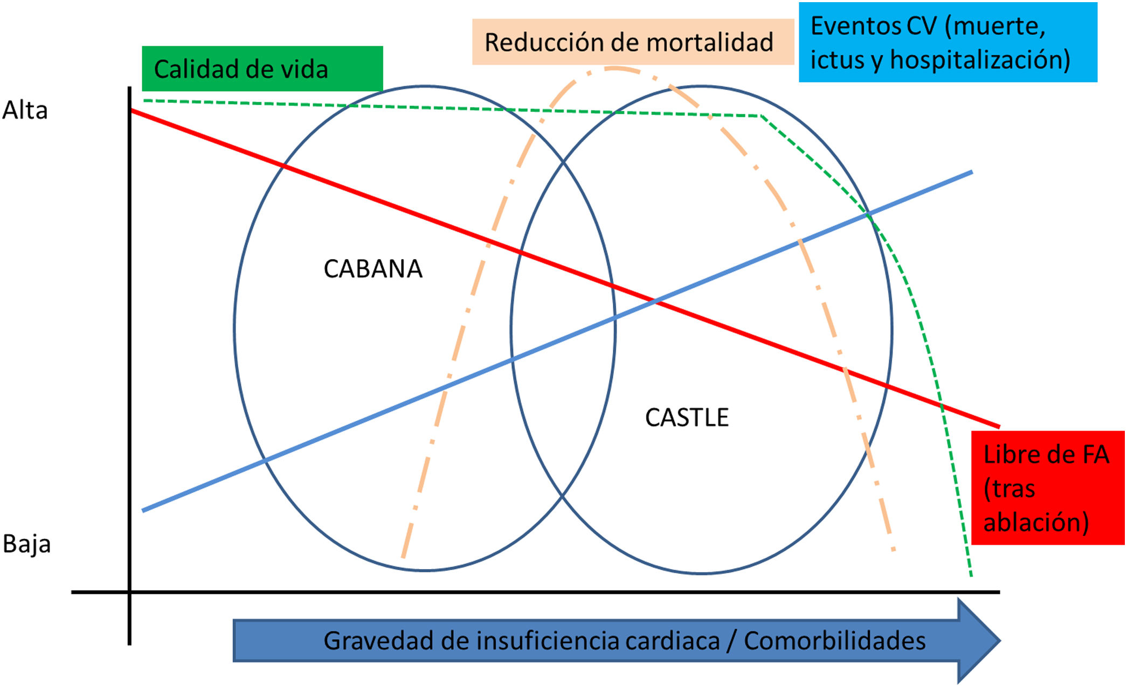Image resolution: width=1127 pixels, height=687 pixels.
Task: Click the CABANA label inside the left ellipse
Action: (x=372, y=269)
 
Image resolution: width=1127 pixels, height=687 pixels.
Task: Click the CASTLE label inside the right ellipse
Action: (x=687, y=418)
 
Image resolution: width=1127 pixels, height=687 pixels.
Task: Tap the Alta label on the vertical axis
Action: (x=25, y=110)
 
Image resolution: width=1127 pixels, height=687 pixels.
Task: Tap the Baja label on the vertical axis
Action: (x=26, y=544)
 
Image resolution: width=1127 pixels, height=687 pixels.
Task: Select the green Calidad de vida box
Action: (x=262, y=68)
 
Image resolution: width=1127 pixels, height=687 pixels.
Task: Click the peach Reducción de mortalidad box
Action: (x=633, y=42)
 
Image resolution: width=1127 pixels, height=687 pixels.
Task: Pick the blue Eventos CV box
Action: (x=948, y=42)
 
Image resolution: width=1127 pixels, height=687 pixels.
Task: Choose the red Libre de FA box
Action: (x=1047, y=488)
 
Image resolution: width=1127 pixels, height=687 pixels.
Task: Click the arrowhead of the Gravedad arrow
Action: (x=978, y=641)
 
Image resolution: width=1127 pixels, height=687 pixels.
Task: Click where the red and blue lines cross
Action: (x=655, y=302)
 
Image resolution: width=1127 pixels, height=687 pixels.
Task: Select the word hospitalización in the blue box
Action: (x=980, y=59)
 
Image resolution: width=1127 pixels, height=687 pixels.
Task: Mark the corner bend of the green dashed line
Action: (x=761, y=116)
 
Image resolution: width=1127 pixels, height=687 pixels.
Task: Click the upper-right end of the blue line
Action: (x=971, y=172)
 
